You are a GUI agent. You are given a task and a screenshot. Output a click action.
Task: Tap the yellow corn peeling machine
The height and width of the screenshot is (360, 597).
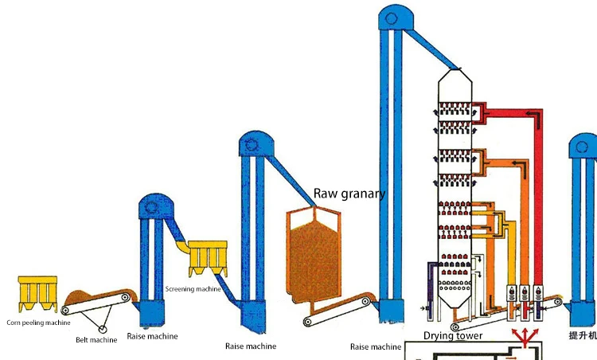(37, 292)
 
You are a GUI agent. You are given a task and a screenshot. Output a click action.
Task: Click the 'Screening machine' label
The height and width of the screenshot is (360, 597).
(193, 288)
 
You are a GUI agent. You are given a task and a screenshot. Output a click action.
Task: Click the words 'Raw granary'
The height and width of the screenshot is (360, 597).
(349, 194)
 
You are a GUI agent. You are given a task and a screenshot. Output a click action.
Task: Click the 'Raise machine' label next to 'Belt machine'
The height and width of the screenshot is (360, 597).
(157, 337)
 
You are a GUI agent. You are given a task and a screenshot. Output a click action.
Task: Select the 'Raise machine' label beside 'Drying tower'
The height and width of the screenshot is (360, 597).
(376, 346)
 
